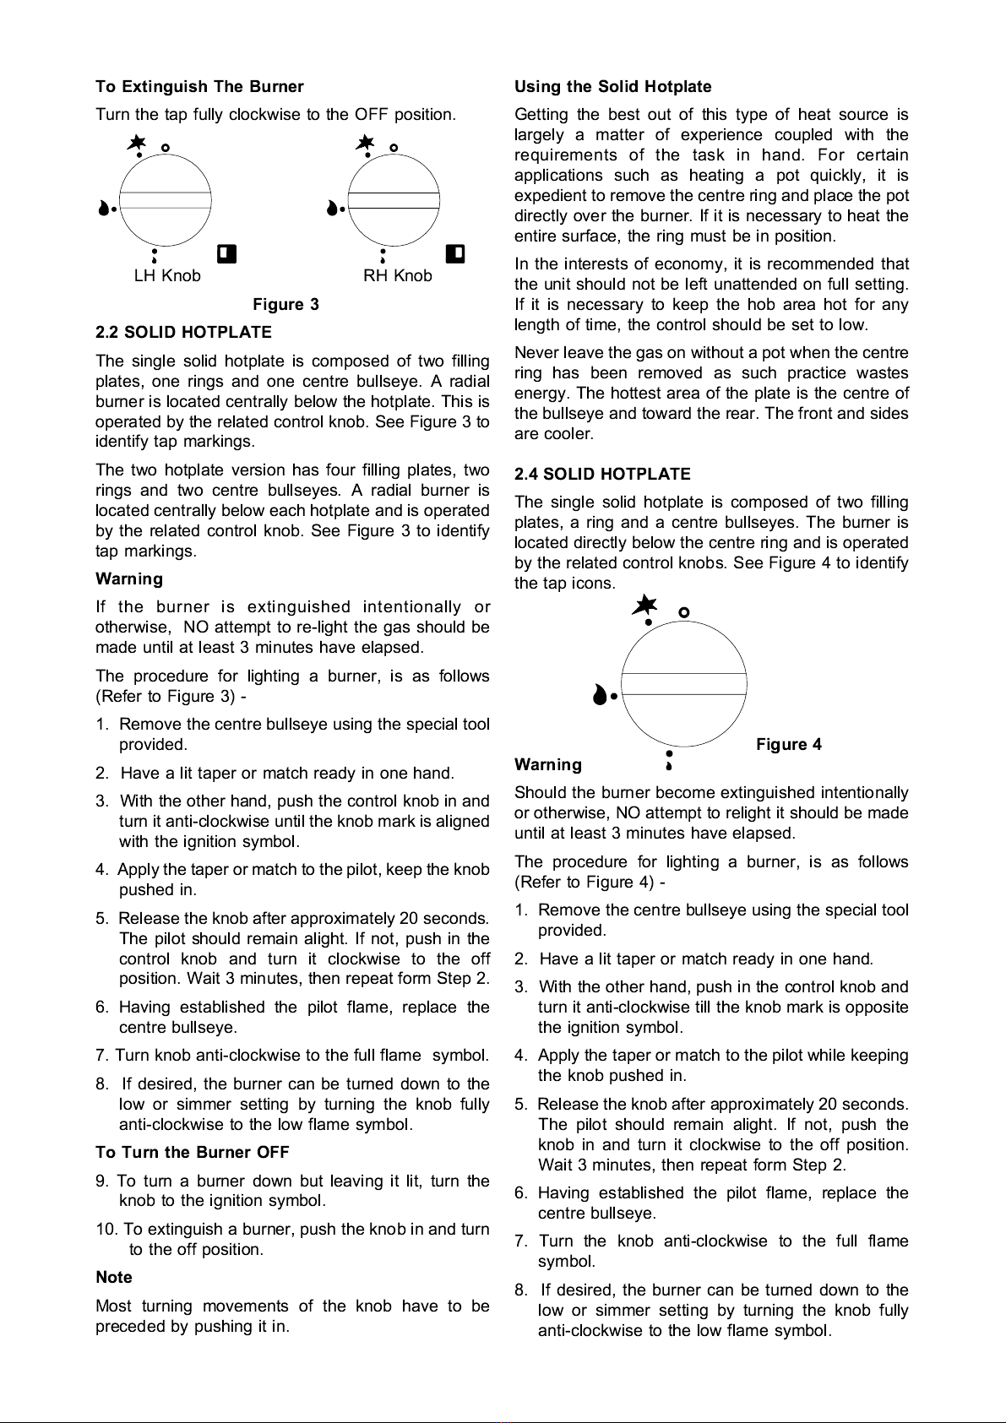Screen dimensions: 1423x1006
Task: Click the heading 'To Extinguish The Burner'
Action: coord(199,87)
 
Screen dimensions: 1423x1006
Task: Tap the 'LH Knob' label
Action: coord(167,276)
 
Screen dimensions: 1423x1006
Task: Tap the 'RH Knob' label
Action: coord(397,276)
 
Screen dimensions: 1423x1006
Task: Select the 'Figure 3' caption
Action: coord(285,305)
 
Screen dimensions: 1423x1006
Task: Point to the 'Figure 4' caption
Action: coord(788,745)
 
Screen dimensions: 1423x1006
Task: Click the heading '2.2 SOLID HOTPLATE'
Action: coord(183,333)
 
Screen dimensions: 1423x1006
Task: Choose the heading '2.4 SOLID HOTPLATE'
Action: coord(602,475)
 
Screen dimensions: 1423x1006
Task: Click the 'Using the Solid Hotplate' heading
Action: coord(612,87)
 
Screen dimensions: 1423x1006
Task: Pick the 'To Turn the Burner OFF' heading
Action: coord(192,1153)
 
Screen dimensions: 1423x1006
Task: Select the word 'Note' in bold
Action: coord(114,1278)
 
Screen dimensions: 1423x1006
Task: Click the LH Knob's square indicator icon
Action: coord(226,253)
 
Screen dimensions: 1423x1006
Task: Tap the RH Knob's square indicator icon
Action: coord(455,253)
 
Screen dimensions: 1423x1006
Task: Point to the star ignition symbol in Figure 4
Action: coord(645,606)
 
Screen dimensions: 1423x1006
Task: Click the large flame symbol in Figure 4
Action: coord(600,695)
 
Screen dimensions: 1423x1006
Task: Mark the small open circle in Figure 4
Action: coord(684,612)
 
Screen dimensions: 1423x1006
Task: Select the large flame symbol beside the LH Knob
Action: coord(104,208)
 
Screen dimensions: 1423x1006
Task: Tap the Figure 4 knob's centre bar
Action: coord(684,684)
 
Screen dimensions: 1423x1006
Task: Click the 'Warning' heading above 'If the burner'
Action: coord(128,579)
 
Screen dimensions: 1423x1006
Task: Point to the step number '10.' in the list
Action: coord(106,1230)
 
